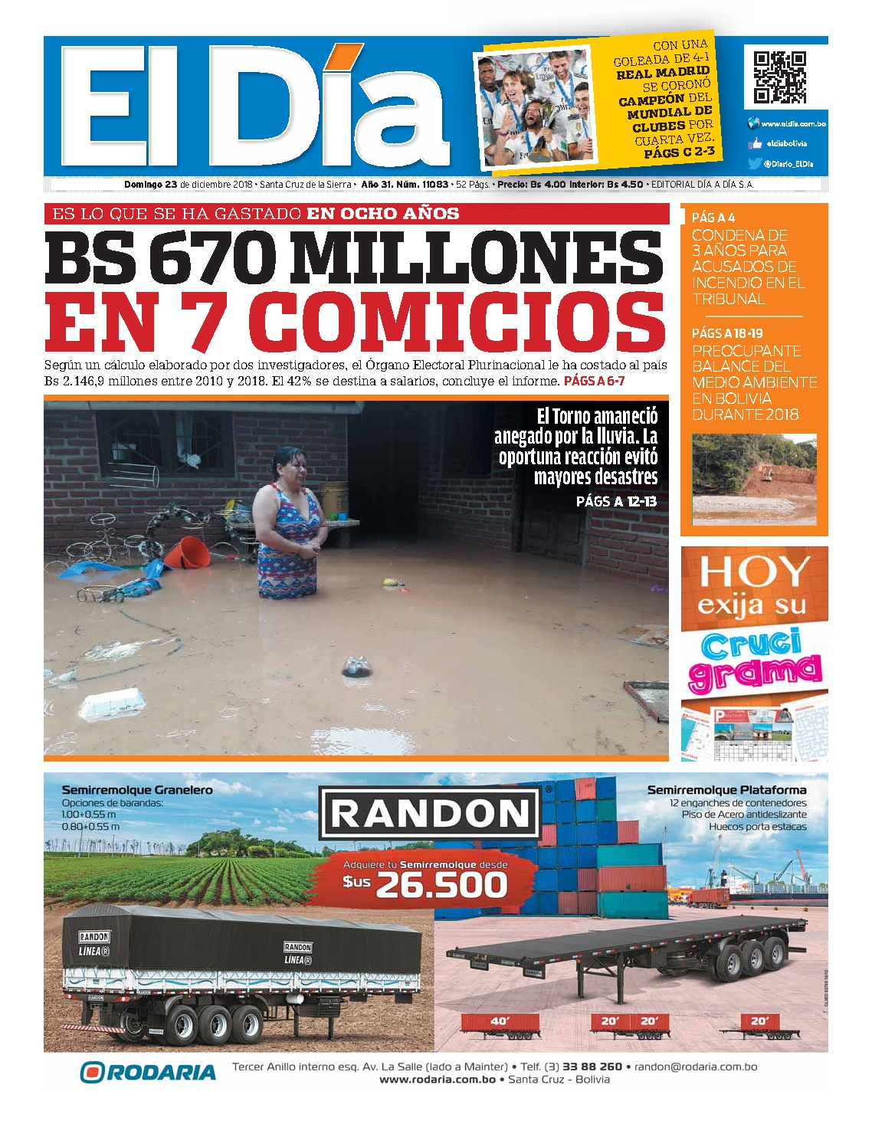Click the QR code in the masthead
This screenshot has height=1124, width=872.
tap(779, 77)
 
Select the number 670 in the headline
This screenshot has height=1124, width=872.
tap(211, 257)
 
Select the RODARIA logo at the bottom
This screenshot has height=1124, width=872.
tap(148, 1072)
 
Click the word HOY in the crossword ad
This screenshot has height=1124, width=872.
tap(754, 572)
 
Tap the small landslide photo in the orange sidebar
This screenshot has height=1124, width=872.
tap(754, 479)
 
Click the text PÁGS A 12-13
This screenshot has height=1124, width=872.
tap(616, 501)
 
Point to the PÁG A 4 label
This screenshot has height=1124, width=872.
tap(713, 218)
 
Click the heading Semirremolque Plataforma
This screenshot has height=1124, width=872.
tap(726, 789)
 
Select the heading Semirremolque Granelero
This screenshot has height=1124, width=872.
tap(137, 789)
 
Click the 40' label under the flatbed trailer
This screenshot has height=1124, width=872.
tap(499, 1021)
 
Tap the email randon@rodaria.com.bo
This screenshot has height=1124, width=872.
tap(696, 1067)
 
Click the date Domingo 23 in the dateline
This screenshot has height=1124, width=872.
tap(151, 185)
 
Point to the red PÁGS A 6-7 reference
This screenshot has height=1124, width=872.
tap(594, 381)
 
